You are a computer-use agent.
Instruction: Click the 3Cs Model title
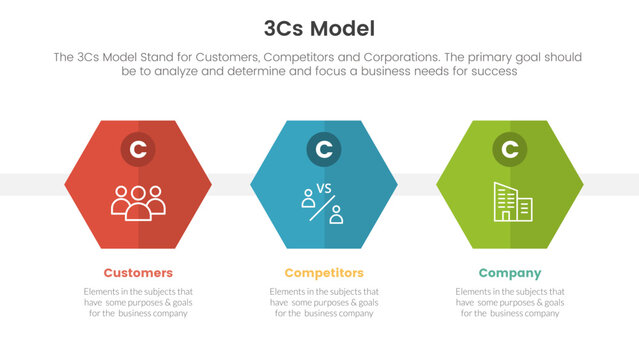coord(320,27)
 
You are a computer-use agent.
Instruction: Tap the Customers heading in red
coord(138,273)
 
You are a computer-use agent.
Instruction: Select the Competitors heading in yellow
coord(323,273)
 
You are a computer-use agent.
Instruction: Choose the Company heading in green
coord(510,273)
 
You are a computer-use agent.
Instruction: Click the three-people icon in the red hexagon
coord(138,201)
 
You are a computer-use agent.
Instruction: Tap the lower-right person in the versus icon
coord(337,213)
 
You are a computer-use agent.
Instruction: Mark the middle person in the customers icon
coord(138,198)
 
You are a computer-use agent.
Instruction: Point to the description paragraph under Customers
coord(138,302)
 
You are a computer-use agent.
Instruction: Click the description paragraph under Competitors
coord(323,302)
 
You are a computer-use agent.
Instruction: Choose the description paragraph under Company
coord(510,302)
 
